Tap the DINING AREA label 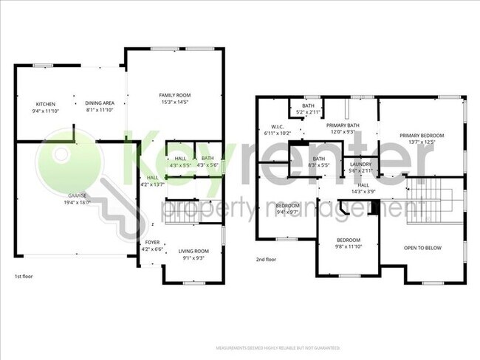coord(99,103)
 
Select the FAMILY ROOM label coord(175,95)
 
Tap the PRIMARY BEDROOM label coord(422,135)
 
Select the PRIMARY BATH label coord(343,125)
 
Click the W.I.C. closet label coord(278,126)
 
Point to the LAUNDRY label coord(361,164)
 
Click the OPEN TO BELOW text coord(423,248)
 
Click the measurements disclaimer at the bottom coord(277,347)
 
